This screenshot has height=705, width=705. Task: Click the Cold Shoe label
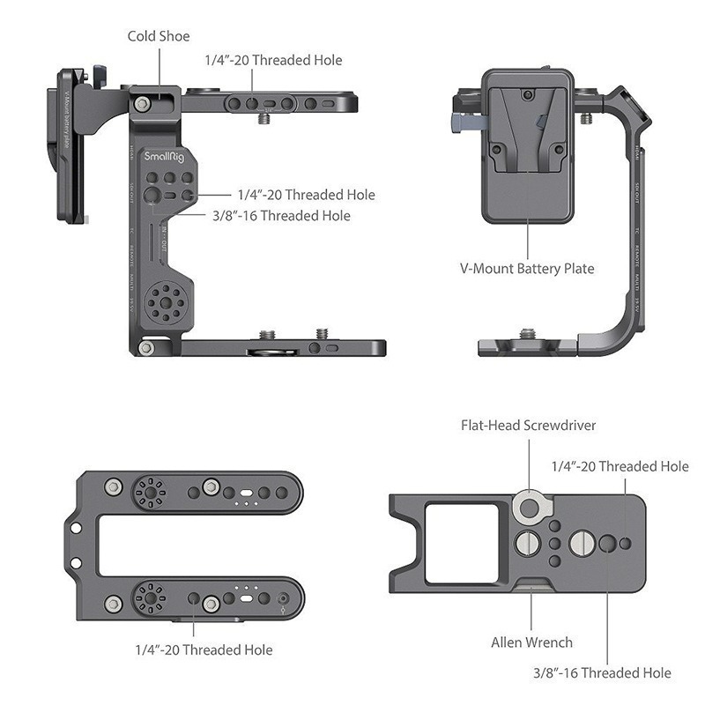tap(159, 36)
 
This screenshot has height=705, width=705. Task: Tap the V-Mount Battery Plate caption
tap(528, 268)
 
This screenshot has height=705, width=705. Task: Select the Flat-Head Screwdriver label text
tap(529, 425)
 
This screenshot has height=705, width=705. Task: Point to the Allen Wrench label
tap(531, 642)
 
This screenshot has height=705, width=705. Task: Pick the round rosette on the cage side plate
tap(161, 304)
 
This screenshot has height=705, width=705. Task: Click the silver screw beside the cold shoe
tap(141, 104)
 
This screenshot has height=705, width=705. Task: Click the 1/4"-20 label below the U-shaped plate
tap(204, 649)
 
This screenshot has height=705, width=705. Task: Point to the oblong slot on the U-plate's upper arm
tap(246, 493)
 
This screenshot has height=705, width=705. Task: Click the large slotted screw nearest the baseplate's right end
tap(583, 544)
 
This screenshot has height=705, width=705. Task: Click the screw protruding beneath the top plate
tap(264, 119)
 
